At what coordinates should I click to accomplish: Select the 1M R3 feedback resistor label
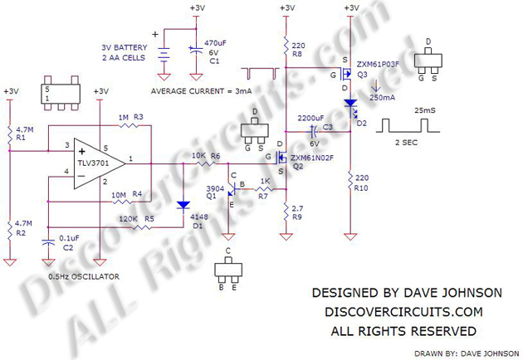click(x=130, y=119)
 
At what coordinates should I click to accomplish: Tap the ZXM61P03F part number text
click(x=379, y=63)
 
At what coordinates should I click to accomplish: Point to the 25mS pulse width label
click(x=424, y=110)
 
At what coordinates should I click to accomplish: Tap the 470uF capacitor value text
click(x=215, y=41)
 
